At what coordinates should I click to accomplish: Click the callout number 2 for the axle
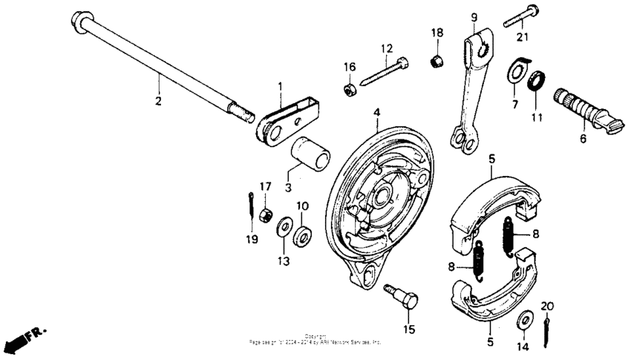157,101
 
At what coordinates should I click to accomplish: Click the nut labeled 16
349,90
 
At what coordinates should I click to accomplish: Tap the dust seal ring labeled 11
538,79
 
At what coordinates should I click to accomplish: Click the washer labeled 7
514,72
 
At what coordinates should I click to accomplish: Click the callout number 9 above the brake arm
473,17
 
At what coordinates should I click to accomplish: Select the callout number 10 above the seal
303,206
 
